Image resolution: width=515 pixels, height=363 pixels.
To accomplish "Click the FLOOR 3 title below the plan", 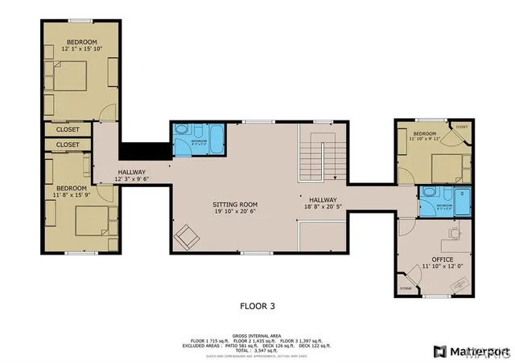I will coord(257,305).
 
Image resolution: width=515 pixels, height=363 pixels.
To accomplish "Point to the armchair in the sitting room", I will coord(188,236).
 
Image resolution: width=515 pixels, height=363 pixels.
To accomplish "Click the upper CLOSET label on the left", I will coord(68,128).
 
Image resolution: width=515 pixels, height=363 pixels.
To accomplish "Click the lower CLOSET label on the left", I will coord(68,145).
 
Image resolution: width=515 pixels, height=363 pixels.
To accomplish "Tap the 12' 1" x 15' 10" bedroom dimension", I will coord(82,49).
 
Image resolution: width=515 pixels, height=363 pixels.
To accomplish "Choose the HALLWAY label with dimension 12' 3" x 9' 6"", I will coord(131,176).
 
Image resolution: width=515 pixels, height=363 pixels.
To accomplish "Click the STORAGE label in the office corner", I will coord(406,288).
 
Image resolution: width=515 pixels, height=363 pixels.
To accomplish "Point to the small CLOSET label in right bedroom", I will coord(461,126).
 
